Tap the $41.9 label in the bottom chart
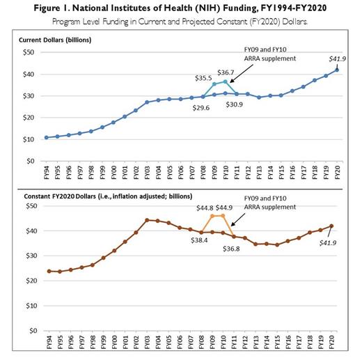point(333,241)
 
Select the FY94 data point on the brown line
point(46,271)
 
